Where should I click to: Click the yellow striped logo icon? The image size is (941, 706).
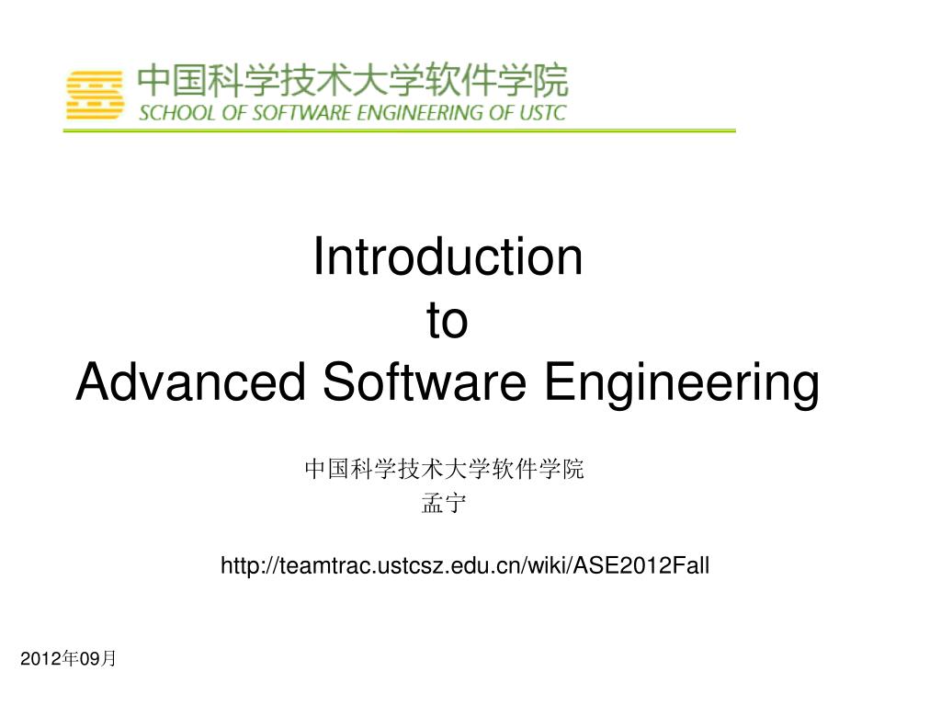(x=95, y=95)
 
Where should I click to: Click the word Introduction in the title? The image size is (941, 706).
(x=448, y=256)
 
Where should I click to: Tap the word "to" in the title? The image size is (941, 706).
(x=448, y=320)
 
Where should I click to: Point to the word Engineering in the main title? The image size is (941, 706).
(x=682, y=384)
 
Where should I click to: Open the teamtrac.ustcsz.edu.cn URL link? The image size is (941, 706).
(x=465, y=565)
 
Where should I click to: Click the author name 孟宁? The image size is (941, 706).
(x=444, y=503)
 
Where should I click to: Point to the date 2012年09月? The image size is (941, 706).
(x=68, y=658)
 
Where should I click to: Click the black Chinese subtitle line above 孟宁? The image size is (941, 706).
(x=444, y=469)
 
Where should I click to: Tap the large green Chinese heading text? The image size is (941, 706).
(x=353, y=81)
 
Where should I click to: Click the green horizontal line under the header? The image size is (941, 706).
(x=399, y=131)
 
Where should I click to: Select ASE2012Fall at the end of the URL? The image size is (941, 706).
(x=641, y=565)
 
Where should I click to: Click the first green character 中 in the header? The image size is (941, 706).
(x=154, y=81)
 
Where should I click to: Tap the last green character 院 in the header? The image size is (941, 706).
(x=551, y=81)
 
